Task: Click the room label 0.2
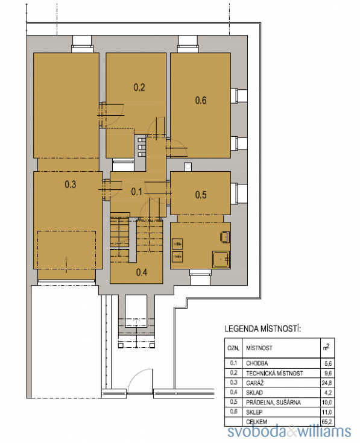coord(139,87)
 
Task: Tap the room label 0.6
coord(201,100)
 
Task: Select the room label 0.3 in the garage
coord(71,184)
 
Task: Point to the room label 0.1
coord(136,192)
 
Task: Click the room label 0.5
coord(201,195)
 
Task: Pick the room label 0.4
coord(142,272)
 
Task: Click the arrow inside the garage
coord(66,264)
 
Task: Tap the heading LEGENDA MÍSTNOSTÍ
coord(263,329)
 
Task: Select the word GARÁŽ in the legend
coord(254,383)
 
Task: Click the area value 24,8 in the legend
coord(327,383)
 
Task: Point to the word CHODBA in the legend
coord(257,363)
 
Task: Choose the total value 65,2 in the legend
coord(327,422)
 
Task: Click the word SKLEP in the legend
coord(254,412)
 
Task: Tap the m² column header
coord(326,347)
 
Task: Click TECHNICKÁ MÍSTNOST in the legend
coord(274,373)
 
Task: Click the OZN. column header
coord(233,348)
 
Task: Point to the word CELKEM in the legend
coord(256,422)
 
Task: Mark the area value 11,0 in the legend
coord(327,412)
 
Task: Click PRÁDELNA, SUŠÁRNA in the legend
coord(273,403)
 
